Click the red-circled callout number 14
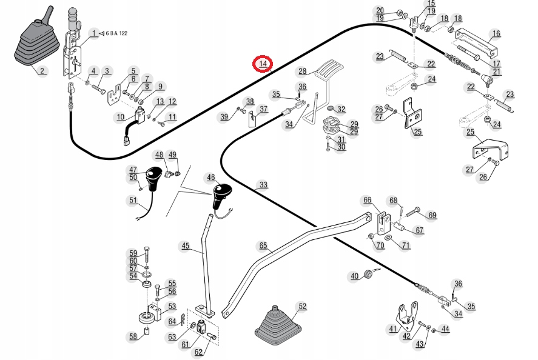(263, 64)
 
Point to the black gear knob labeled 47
(153, 178)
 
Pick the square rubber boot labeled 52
(278, 322)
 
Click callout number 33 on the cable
(263, 185)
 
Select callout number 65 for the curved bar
(263, 245)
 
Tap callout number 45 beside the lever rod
(185, 246)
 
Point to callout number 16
(496, 33)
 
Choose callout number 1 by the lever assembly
(93, 33)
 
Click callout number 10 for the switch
(121, 117)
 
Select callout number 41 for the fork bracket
(393, 329)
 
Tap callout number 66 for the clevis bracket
(367, 200)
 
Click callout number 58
(133, 337)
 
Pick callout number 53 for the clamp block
(172, 306)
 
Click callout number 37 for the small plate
(263, 109)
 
